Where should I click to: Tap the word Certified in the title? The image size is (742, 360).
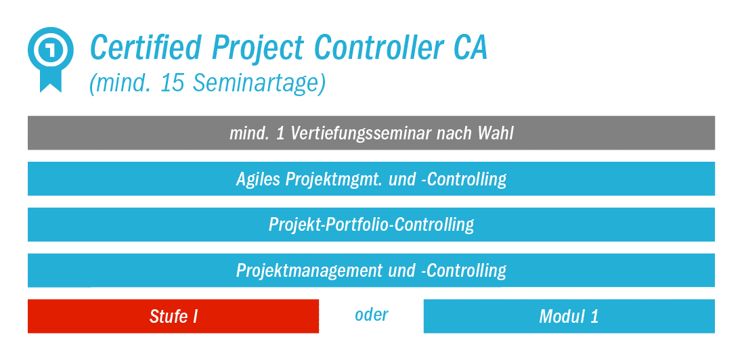click(x=147, y=48)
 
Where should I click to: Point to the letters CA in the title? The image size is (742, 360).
click(x=466, y=48)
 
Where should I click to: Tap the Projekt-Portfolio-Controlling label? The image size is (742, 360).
click(x=372, y=225)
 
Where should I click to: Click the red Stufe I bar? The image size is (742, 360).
click(x=173, y=316)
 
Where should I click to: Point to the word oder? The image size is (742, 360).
click(x=372, y=315)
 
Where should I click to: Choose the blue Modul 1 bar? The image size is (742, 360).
click(x=569, y=316)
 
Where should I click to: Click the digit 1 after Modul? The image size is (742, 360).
click(x=594, y=317)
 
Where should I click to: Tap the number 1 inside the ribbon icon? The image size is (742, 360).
click(x=51, y=49)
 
